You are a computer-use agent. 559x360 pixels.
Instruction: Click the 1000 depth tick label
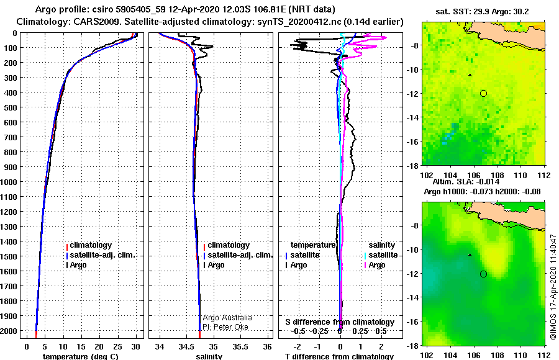pos(9,182)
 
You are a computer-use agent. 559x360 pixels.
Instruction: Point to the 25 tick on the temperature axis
pos(117,347)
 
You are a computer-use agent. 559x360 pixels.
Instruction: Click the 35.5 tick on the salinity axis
pos(240,347)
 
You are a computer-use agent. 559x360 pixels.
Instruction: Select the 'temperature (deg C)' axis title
pos(80,356)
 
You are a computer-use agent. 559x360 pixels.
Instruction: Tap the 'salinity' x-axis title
pos(209,356)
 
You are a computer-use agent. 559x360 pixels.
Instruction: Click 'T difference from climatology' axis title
pos(339,356)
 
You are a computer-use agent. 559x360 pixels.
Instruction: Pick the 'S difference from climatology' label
pos(340,322)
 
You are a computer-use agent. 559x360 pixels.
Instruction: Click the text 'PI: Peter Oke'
pos(225,327)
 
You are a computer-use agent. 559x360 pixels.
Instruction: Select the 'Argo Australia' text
pos(227,318)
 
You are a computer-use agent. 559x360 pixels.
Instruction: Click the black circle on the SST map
pos(483,93)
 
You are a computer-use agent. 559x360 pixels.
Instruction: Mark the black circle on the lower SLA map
pos(483,274)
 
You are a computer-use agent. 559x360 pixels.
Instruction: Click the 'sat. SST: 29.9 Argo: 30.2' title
pos(483,12)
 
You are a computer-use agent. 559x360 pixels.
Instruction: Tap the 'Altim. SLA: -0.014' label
pos(466,182)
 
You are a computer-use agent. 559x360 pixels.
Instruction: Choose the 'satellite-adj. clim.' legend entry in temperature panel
pos(101,255)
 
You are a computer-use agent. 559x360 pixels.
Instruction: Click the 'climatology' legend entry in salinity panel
pos(226,245)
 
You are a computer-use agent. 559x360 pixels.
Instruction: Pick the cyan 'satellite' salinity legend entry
pos(381,255)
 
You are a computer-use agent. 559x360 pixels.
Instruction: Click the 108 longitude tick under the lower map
pos(498,356)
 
